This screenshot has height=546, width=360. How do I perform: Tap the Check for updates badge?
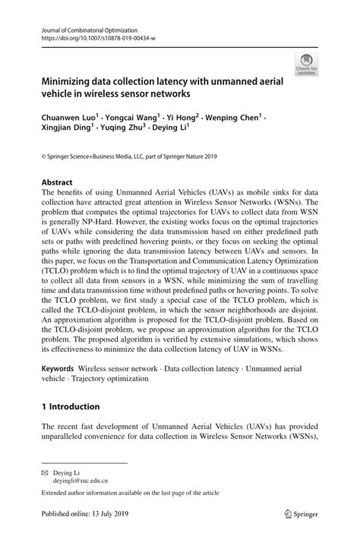(307, 65)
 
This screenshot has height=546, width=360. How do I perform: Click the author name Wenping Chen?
(235, 118)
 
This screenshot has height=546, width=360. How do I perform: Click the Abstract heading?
(57, 182)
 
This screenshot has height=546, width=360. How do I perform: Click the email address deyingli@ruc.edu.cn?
(79, 481)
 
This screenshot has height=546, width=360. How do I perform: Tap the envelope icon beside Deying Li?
(45, 472)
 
